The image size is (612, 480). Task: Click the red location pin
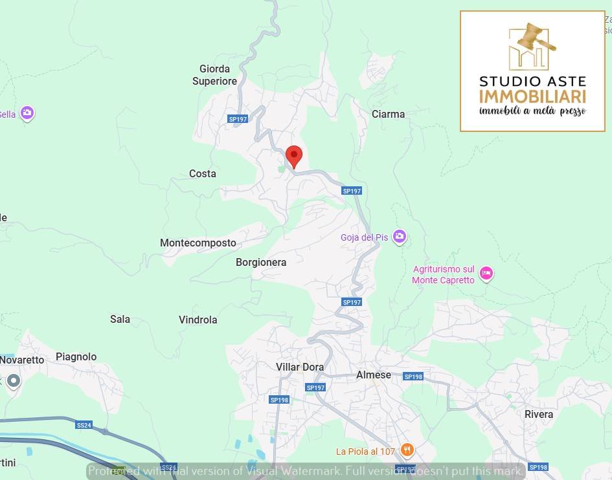coord(294,156)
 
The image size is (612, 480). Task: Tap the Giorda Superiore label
coord(214,75)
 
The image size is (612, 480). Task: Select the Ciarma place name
coord(388,115)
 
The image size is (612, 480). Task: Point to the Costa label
coord(203,174)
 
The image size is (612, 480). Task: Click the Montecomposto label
coord(198,243)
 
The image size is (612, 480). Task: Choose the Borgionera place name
coord(261,263)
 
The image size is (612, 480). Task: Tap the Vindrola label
coord(198,320)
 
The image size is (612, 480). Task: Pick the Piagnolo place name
coord(76,357)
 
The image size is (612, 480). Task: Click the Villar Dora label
coord(300,367)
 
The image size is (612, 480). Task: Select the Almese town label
coord(374,375)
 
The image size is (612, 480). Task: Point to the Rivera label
coord(539,415)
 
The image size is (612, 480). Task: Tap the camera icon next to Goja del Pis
coord(400,237)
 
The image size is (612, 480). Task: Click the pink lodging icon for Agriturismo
coord(486,274)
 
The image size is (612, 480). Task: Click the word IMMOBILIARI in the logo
coord(532,96)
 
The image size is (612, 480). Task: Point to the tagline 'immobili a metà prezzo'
coord(532,111)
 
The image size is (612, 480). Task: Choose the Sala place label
coord(120,320)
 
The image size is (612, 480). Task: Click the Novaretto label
coord(22,360)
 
